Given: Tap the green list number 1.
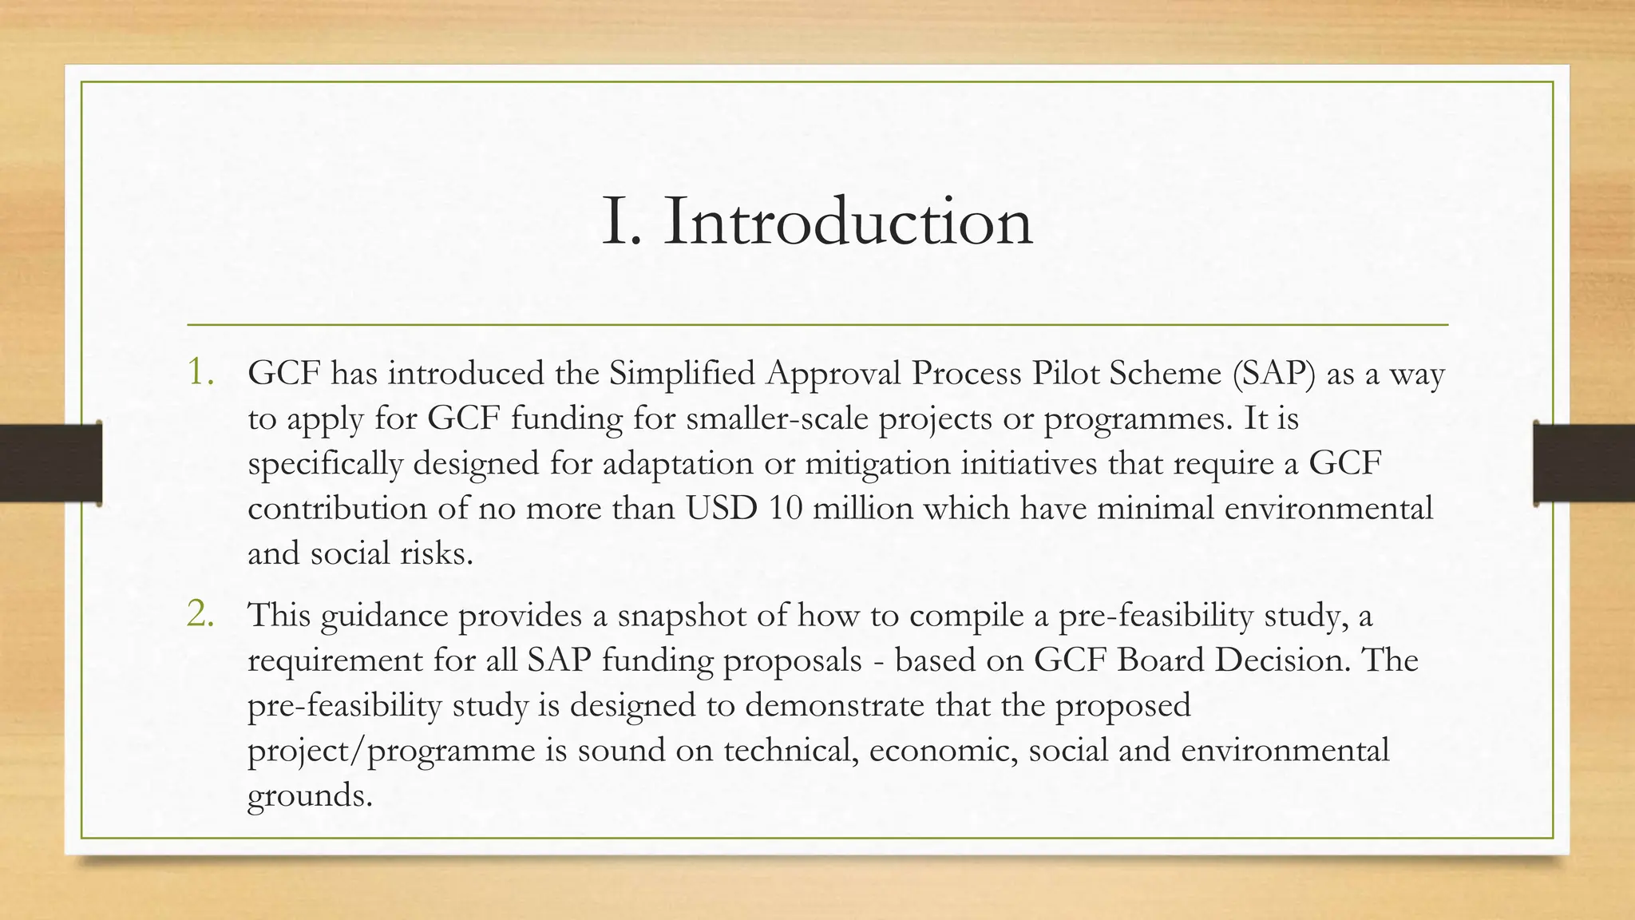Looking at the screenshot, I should click(x=200, y=372).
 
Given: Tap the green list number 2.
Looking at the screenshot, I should click(x=200, y=614).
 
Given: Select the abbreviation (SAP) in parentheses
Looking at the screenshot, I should click(x=1273, y=374).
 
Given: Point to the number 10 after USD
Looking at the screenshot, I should click(x=786, y=509).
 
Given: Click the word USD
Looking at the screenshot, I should click(x=721, y=509).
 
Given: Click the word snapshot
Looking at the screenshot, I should click(x=682, y=616).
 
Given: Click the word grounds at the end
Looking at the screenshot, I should click(x=309, y=796).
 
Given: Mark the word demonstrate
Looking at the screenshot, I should click(x=834, y=706).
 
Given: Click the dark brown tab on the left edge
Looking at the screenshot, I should click(x=50, y=463).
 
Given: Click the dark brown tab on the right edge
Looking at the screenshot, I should click(x=1584, y=463).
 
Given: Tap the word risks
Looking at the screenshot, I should click(x=436, y=553).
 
